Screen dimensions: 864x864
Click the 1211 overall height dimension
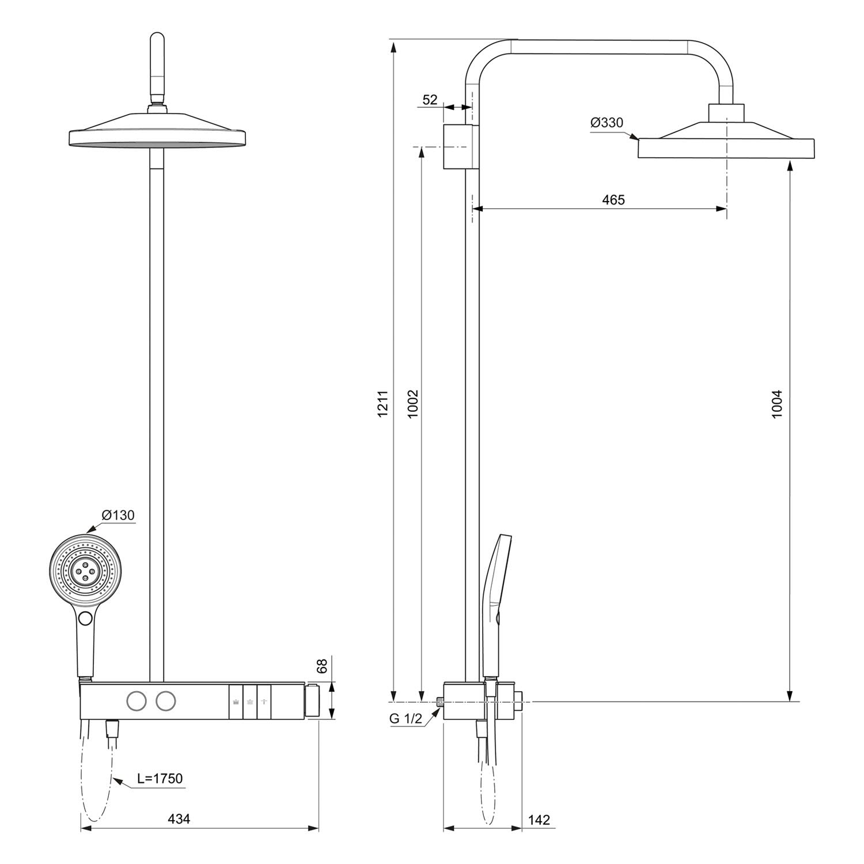[x=384, y=403]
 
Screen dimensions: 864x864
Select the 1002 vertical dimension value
[x=413, y=404]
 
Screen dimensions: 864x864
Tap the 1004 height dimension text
[x=778, y=404]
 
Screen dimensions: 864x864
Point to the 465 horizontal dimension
[x=613, y=200]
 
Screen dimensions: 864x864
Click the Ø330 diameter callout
[x=607, y=123]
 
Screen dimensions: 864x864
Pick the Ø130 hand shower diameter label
[x=118, y=515]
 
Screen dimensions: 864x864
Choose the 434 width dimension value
[x=179, y=818]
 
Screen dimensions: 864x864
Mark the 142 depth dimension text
[x=539, y=819]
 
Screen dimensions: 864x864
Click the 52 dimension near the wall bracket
[x=430, y=100]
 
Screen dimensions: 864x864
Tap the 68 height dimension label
[x=323, y=666]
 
